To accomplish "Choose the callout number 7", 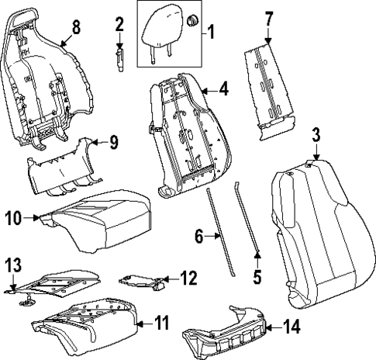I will (x=269, y=17).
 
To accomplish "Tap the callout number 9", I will (x=112, y=141).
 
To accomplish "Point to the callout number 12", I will (x=188, y=277).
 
